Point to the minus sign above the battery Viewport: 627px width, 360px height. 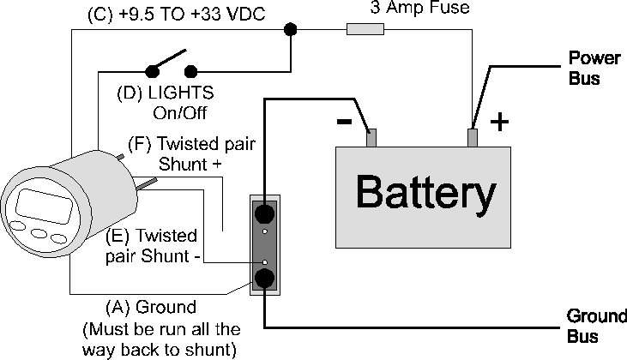(x=344, y=122)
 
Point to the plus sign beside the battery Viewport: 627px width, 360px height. (x=497, y=123)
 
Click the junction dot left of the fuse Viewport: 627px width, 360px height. (x=291, y=29)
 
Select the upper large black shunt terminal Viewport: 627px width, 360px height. (x=265, y=212)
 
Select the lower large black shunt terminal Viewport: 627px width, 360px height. (x=265, y=277)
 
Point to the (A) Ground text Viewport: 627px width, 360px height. (x=150, y=306)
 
